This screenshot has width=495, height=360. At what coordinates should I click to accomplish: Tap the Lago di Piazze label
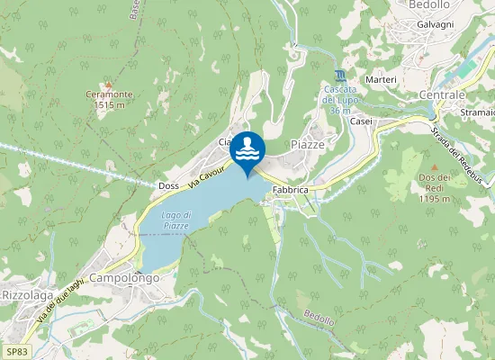[175, 220]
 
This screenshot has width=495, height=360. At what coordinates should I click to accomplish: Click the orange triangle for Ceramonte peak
[108, 84]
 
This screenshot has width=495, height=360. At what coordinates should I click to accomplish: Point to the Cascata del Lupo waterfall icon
[338, 75]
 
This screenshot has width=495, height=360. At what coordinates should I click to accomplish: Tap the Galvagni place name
[436, 24]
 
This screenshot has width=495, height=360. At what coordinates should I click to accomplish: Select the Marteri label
[381, 80]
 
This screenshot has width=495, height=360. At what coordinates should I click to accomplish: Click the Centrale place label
[442, 94]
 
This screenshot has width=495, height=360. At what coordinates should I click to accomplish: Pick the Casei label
[361, 121]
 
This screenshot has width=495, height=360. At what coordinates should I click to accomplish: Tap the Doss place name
[168, 185]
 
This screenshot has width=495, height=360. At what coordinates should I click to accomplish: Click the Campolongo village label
[124, 278]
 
